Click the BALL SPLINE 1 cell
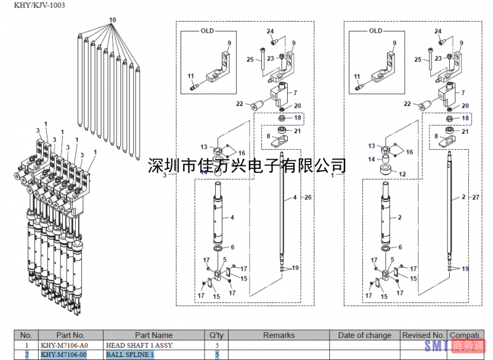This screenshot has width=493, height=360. pyautogui.click(x=129, y=354)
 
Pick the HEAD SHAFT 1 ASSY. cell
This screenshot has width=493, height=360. pyautogui.click(x=139, y=345)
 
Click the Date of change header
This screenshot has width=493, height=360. pyautogui.click(x=365, y=335)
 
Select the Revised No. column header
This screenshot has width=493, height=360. pyautogui.click(x=423, y=335)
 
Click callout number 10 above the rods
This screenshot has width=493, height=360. pyautogui.click(x=112, y=20)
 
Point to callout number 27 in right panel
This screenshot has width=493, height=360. pyautogui.click(x=475, y=198)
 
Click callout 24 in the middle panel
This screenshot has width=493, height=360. pyautogui.click(x=270, y=31)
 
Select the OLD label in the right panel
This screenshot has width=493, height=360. pyautogui.click(x=375, y=31)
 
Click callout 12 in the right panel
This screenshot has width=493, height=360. pyautogui.click(x=402, y=174)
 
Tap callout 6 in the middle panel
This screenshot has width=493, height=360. pyautogui.click(x=232, y=247)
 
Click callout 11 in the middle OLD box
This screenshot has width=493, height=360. pyautogui.click(x=191, y=76)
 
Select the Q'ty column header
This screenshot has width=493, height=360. pyautogui.click(x=216, y=335)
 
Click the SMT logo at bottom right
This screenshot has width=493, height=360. pyautogui.click(x=436, y=347)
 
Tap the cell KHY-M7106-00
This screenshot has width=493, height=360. pyautogui.click(x=63, y=354)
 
